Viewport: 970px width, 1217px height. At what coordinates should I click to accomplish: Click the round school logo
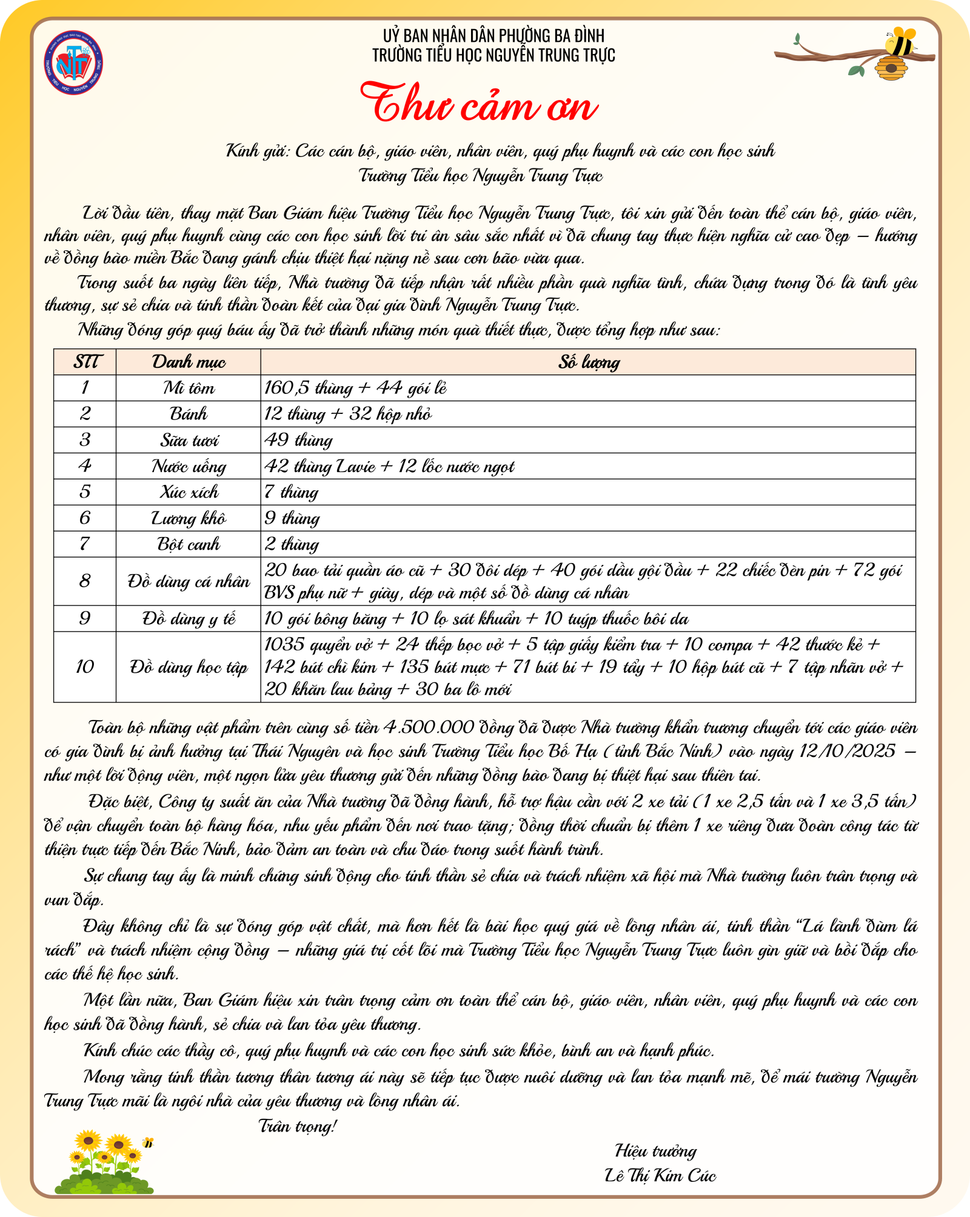coord(73,63)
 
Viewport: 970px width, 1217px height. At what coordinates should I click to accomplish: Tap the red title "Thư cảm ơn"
coord(479,104)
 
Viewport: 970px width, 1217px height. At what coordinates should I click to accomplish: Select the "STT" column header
coord(85,362)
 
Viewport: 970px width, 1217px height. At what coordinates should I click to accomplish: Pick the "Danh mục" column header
coord(188,362)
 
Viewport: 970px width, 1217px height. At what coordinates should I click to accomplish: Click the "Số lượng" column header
coord(588,362)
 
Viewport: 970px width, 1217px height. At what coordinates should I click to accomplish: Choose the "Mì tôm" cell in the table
coord(188,388)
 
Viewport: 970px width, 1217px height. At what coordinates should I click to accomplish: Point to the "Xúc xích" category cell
coord(188,492)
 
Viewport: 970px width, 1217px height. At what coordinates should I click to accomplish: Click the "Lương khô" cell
coord(188,518)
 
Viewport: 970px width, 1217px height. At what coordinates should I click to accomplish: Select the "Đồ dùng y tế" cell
coord(188,619)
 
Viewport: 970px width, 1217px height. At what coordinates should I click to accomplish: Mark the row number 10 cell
coord(85,667)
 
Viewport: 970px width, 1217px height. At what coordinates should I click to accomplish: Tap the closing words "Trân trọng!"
coord(297,1126)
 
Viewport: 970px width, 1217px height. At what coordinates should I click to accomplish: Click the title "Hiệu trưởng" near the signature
coord(655,1150)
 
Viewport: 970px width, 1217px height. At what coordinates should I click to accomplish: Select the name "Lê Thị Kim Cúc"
coord(660,1175)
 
